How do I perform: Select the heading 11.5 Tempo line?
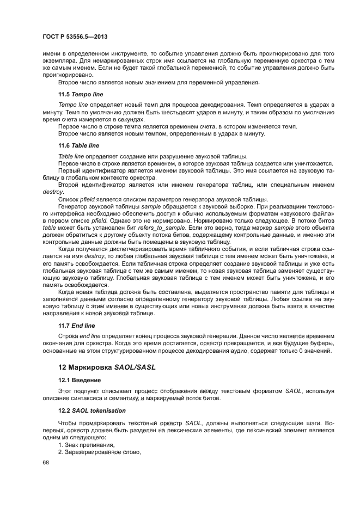pos(78,94)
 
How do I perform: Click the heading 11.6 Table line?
pos(78,145)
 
